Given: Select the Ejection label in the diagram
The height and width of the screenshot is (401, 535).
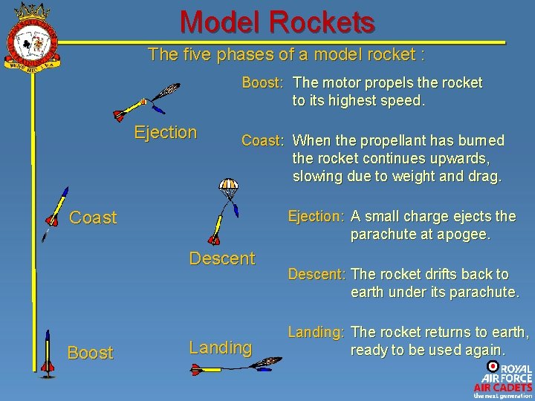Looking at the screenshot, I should pos(165,133).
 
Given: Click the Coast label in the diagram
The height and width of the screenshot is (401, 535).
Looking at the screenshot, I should pos(93,218).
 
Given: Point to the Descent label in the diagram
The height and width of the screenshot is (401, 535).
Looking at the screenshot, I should pos(221,258).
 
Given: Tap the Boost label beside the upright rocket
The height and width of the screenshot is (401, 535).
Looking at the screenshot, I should pos(90,353).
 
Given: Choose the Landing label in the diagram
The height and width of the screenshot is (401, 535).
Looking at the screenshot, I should pos(220,348).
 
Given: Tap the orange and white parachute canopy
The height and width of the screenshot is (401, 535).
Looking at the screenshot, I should pos(229,183).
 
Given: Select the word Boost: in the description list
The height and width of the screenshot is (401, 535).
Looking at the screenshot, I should pos(263,82).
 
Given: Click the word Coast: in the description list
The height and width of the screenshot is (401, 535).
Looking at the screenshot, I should pos(262,140).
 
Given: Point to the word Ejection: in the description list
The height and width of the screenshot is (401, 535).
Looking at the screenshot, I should pos(315,216).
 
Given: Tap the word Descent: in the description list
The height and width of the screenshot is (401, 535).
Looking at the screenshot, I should pos(317,274).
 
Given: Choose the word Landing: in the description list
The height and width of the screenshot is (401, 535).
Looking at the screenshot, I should pos(315,332).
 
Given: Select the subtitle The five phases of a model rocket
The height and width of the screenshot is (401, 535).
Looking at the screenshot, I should pos(286,54).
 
